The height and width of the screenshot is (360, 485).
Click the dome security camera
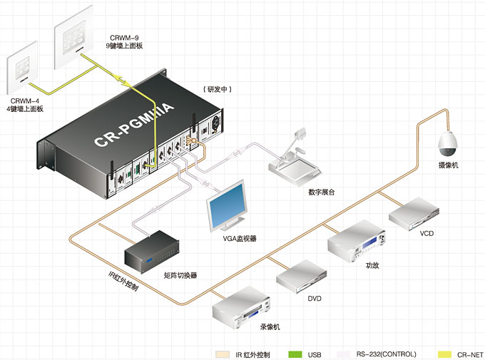click(448, 144)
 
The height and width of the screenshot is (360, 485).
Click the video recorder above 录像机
click(242, 307)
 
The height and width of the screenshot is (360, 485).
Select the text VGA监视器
click(240, 238)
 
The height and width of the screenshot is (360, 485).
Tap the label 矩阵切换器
click(180, 274)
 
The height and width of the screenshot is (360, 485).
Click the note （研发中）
click(218, 88)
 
